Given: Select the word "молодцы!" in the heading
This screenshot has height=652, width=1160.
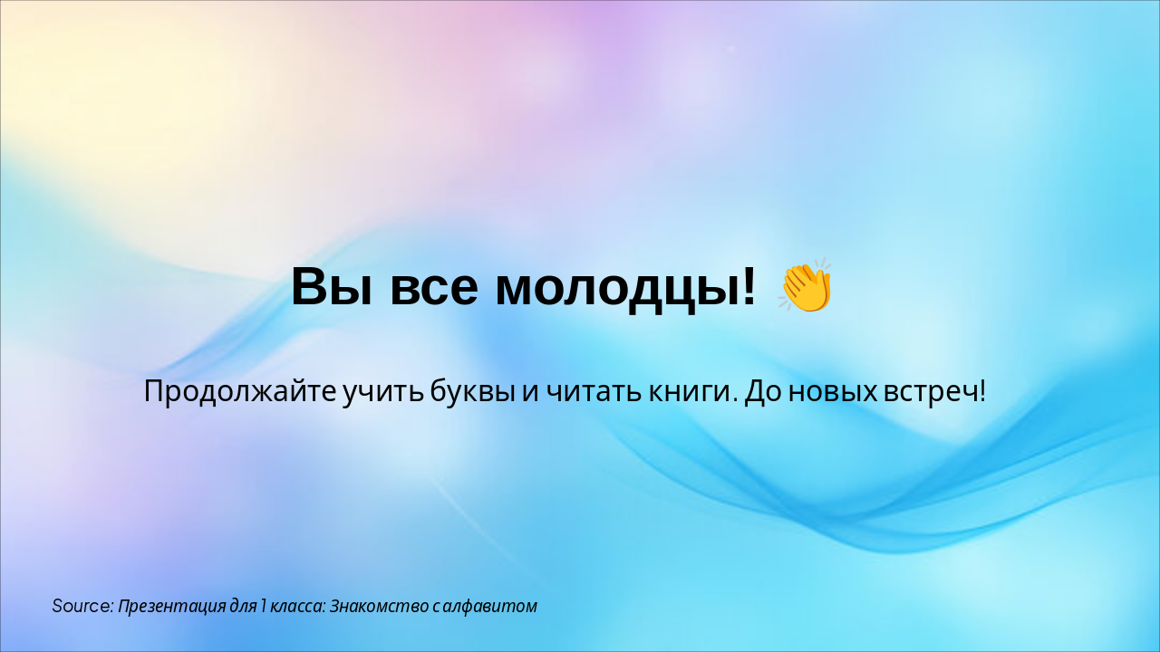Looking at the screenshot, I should [x=625, y=288].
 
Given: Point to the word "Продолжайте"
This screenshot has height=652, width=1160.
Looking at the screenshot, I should [x=240, y=393].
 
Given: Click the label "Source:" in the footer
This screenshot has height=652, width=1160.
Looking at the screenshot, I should [x=82, y=606].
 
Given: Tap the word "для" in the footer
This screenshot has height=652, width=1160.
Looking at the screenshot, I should [x=241, y=606].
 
